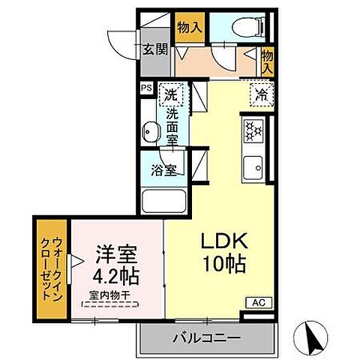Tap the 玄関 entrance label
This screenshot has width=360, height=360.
155,51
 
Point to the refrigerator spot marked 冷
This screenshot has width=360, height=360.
261,95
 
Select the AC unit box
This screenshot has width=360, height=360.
255,303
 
